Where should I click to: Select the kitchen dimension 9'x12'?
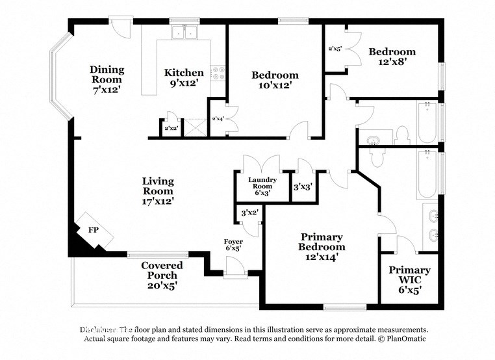coord(184,83)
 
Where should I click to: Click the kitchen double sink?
coord(184,33)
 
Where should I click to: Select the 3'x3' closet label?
coord(303,186)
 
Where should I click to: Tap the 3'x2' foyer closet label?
coord(249,212)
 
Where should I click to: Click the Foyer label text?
coord(233,241)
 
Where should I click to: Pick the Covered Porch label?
coord(162,270)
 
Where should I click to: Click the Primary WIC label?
coord(409,275)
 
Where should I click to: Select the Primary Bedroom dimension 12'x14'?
coord(322,257)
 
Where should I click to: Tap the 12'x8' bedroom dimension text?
coord(392,63)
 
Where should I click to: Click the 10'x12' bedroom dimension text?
coord(275,85)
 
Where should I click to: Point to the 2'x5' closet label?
coord(335,48)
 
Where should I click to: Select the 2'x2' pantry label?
coord(171,129)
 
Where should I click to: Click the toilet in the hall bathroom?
coord(401,135)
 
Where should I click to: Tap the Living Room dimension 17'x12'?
coord(158,201)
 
